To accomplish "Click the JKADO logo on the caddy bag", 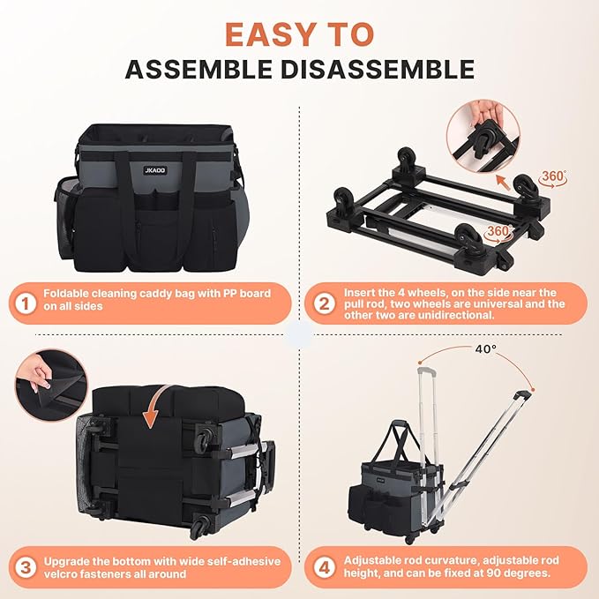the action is tap(155, 170).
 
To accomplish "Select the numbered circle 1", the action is tap(26, 303).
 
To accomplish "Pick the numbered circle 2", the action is tap(324, 303).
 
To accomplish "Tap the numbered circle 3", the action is tap(26, 567).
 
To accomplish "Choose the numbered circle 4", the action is tap(324, 567).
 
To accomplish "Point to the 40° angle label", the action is tap(486, 348).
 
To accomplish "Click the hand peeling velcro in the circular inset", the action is tap(35, 374).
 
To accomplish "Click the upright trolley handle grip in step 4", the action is tap(427, 370).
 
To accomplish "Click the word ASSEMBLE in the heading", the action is tap(198, 69).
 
